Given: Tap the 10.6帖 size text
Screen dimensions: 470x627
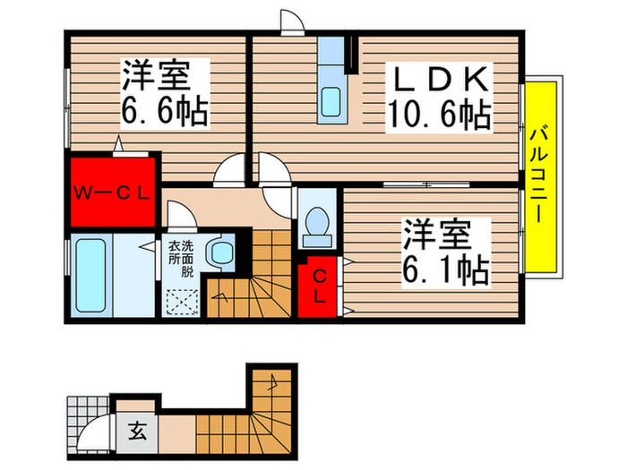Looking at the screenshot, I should coord(438,113).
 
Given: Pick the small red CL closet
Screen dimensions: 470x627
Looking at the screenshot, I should coord(318,286).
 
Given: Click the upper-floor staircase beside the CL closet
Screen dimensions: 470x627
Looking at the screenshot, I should coord(253,278).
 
